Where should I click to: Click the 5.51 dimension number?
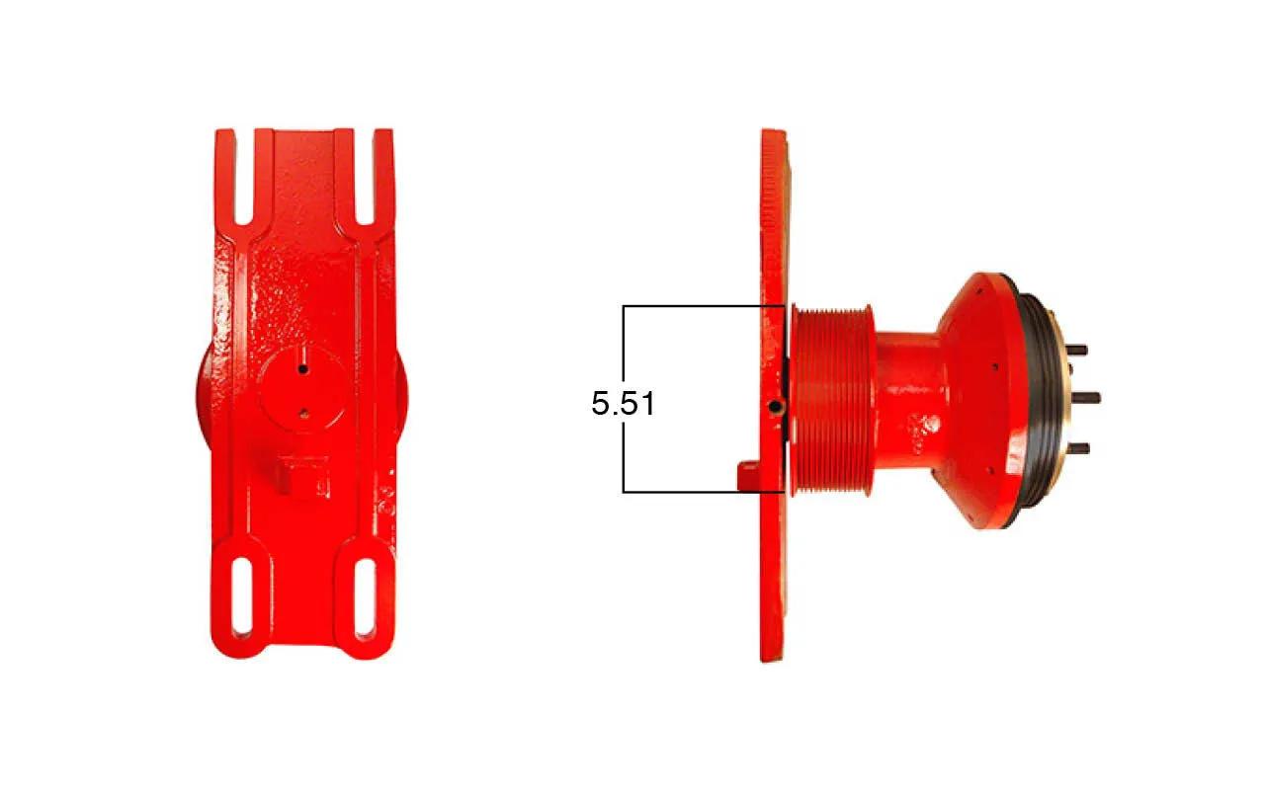(623, 404)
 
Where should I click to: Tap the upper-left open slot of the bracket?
(244, 177)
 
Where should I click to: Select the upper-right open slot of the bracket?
(365, 177)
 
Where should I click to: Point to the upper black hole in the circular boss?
(303, 369)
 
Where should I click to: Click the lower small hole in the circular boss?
(303, 414)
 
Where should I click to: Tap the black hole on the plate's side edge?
(776, 406)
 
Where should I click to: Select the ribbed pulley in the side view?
(832, 401)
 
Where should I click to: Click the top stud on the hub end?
(1077, 350)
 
